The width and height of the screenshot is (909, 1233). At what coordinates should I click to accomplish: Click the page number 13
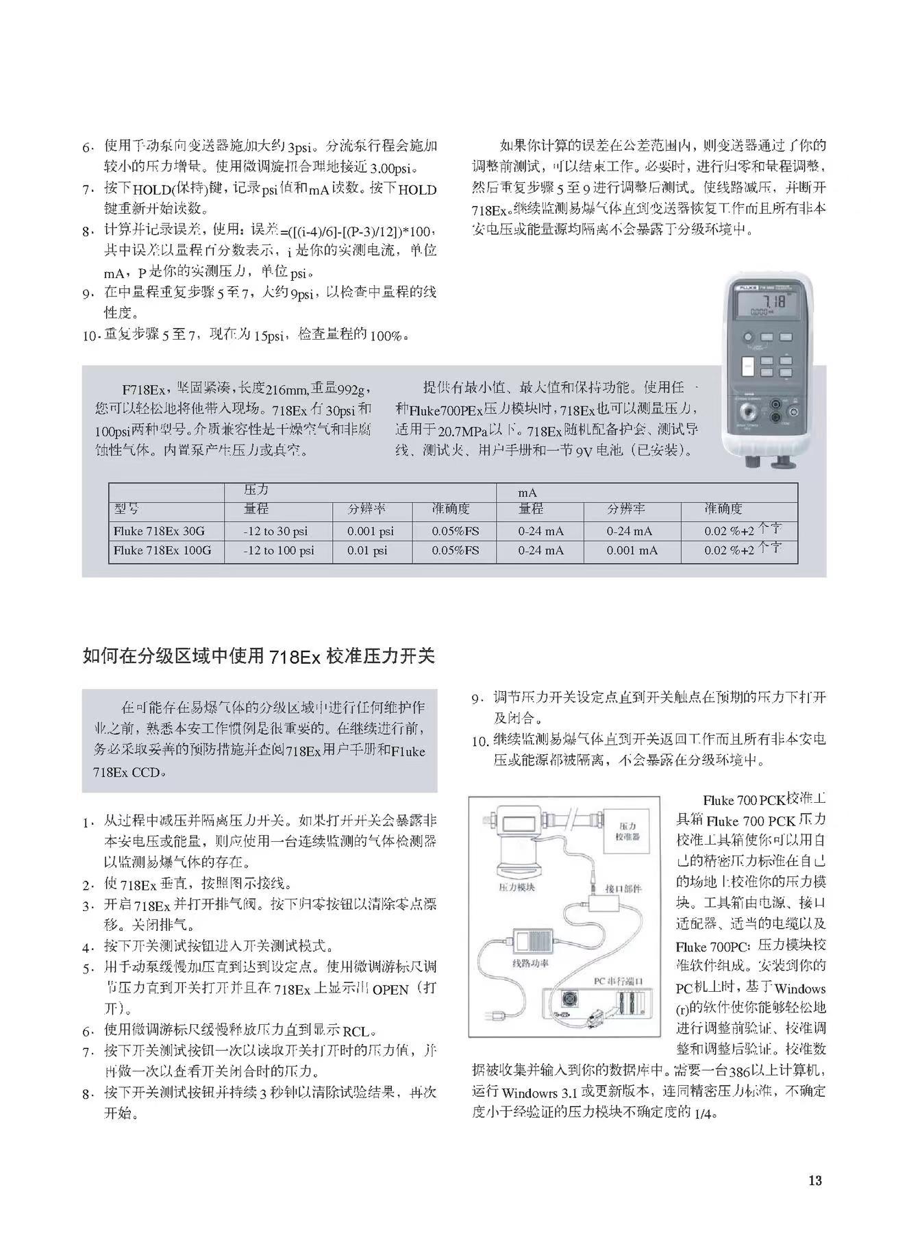[814, 1180]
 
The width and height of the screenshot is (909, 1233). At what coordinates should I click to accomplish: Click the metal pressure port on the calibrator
[751, 414]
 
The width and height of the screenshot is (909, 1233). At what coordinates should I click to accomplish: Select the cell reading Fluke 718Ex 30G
[159, 531]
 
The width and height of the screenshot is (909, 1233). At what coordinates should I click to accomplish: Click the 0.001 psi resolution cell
[371, 531]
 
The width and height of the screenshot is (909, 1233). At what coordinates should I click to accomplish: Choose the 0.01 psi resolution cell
[367, 551]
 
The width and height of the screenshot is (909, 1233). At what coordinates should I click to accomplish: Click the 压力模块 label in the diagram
[516, 887]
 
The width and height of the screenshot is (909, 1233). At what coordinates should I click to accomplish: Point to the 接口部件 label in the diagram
[623, 888]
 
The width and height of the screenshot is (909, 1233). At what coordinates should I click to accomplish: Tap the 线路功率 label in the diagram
[532, 962]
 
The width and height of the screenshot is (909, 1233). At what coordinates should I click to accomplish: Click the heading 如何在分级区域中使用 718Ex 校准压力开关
[258, 656]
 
